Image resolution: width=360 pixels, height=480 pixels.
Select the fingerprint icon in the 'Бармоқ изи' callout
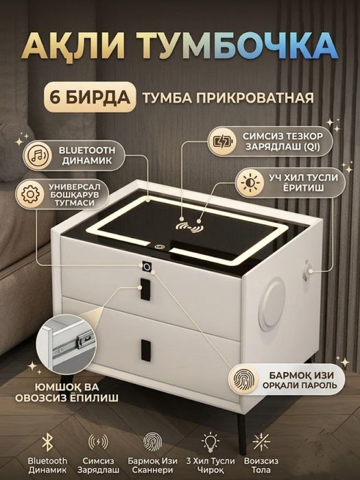click(247, 380)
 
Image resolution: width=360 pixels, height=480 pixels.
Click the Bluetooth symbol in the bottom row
click(47, 440)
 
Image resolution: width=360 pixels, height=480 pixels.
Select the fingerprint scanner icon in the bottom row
click(153, 440)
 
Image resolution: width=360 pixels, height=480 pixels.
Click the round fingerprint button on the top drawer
click(147, 265)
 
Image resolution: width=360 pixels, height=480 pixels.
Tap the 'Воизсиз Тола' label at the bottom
click(259, 466)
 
